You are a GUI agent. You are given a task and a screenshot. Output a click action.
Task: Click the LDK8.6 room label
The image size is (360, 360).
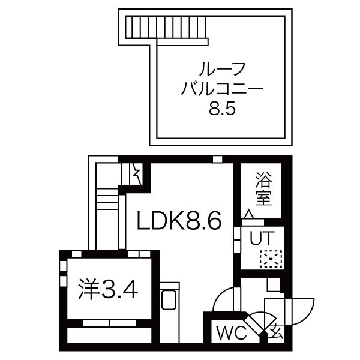[x=179, y=221]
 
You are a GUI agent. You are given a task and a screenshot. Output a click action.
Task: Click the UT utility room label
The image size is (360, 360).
[x=262, y=238]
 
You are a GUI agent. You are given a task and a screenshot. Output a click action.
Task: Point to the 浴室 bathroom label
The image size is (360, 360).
[x=263, y=188]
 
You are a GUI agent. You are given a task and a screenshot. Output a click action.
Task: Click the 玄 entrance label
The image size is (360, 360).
[x=276, y=332]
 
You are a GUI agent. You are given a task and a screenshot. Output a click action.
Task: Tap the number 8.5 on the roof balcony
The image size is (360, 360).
[x=222, y=109]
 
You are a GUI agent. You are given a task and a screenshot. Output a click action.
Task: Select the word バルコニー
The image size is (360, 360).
[x=222, y=89]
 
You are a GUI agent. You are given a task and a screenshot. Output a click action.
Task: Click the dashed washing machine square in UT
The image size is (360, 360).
[x=271, y=259]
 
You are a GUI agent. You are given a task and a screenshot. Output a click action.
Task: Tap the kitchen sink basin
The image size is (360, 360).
[x=169, y=300]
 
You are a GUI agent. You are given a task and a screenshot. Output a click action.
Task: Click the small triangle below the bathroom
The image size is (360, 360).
[x=250, y=214]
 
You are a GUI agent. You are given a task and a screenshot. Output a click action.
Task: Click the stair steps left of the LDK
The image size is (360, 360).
[x=107, y=199]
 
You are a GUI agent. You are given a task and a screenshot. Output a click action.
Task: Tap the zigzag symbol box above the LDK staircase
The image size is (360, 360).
[x=136, y=174]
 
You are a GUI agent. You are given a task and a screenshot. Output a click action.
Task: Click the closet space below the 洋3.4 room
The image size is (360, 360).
[x=109, y=335]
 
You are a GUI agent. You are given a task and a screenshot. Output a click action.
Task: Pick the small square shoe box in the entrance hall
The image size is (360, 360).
[x=274, y=285]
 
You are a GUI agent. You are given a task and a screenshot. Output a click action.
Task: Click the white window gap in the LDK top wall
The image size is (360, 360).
[x=218, y=159]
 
